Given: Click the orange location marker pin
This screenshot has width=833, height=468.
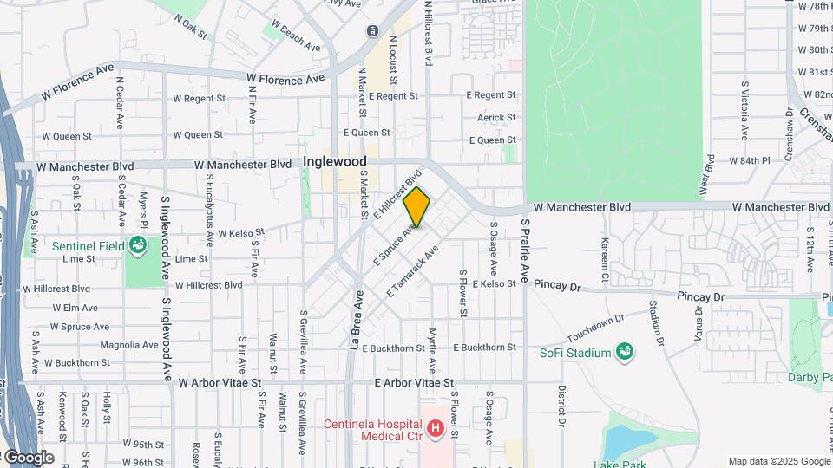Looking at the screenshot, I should [416, 207].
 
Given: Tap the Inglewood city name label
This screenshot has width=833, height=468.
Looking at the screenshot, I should [335, 162].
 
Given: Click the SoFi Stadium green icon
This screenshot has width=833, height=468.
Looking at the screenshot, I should [623, 351].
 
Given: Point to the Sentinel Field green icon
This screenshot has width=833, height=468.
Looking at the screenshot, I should [136, 246].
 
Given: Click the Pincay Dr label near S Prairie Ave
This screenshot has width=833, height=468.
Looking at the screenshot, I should [556, 283].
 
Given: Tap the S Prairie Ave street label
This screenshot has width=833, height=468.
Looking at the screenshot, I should [524, 251].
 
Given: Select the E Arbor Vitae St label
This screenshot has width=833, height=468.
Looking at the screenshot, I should [414, 382].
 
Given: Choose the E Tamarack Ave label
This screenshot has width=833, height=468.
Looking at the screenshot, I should [413, 271].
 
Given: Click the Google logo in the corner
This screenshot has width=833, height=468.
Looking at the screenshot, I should [28, 458].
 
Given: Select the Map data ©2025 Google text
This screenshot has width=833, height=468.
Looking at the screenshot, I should [778, 461].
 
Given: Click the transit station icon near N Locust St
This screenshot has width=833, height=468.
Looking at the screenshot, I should [372, 31].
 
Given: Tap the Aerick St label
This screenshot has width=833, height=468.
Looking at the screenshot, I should [496, 117].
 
